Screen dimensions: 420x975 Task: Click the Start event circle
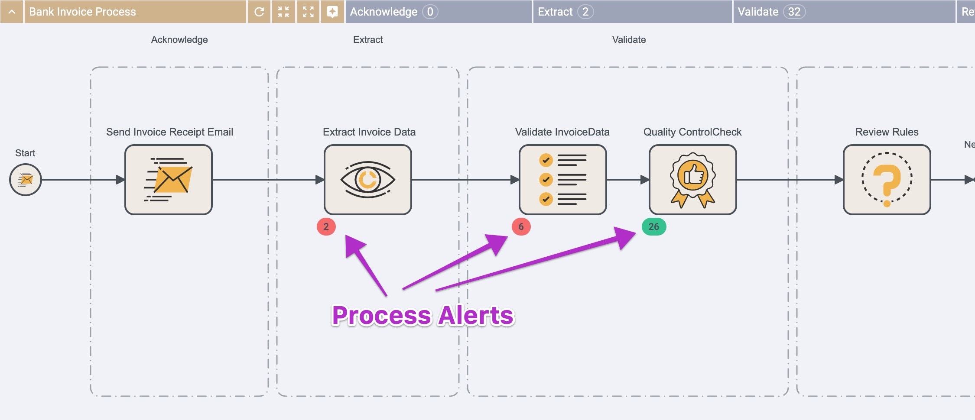tap(26, 180)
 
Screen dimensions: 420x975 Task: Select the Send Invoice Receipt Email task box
tap(169, 180)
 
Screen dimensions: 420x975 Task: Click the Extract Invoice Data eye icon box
tap(368, 180)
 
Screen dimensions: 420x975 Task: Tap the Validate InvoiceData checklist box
tap(562, 180)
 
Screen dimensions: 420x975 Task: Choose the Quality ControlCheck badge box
tap(692, 180)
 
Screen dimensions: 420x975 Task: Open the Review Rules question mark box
tap(887, 180)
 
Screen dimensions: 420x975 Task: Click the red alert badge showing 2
tap(326, 226)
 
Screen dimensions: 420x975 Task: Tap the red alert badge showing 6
tap(521, 226)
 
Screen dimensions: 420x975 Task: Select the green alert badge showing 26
tap(653, 226)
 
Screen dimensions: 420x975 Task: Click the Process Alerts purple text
tap(422, 315)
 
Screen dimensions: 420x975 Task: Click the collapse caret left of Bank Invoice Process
tap(12, 12)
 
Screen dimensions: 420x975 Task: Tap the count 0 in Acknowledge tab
tap(430, 12)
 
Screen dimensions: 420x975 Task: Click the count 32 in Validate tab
tap(794, 12)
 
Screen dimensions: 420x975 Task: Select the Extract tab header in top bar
tap(555, 12)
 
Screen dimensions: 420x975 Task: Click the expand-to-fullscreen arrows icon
tap(308, 12)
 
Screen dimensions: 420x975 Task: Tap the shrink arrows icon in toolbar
tap(283, 12)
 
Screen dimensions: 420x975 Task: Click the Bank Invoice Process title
tap(82, 12)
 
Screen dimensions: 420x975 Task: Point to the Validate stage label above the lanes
tap(628, 40)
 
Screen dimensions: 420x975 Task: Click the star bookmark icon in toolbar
tap(332, 12)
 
